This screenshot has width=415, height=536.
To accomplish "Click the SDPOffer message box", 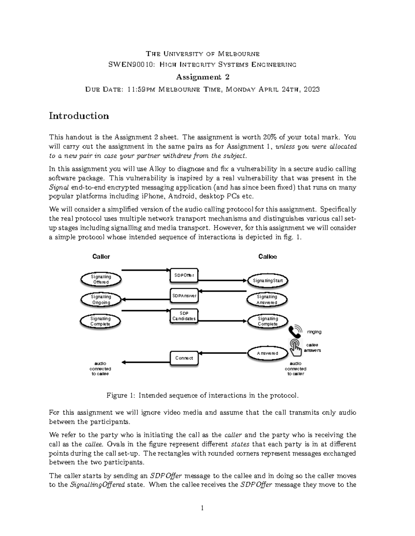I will (184, 275).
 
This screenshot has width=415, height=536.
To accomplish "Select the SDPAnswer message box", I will (184, 296).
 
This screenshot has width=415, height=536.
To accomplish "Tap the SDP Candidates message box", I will (184, 316).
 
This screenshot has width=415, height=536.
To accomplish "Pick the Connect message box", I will (184, 358).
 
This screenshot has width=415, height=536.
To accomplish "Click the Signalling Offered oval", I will (101, 279).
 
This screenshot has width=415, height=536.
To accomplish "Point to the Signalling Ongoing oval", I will (101, 300).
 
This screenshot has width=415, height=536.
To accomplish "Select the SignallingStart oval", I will (267, 281).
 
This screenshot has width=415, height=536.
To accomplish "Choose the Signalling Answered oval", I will (267, 300).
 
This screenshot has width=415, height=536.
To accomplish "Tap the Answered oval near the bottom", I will (267, 353).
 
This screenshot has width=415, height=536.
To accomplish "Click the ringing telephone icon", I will (296, 332).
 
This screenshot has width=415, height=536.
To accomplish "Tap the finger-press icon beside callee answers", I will (295, 347).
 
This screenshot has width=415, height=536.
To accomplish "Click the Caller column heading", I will (101, 256).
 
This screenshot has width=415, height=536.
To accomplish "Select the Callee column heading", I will (267, 256).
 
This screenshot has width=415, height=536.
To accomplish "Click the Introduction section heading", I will (79, 116).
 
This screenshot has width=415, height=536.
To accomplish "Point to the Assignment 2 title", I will (203, 77).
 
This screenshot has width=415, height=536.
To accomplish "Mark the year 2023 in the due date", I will (311, 89).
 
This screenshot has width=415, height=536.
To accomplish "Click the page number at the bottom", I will (203, 508).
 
